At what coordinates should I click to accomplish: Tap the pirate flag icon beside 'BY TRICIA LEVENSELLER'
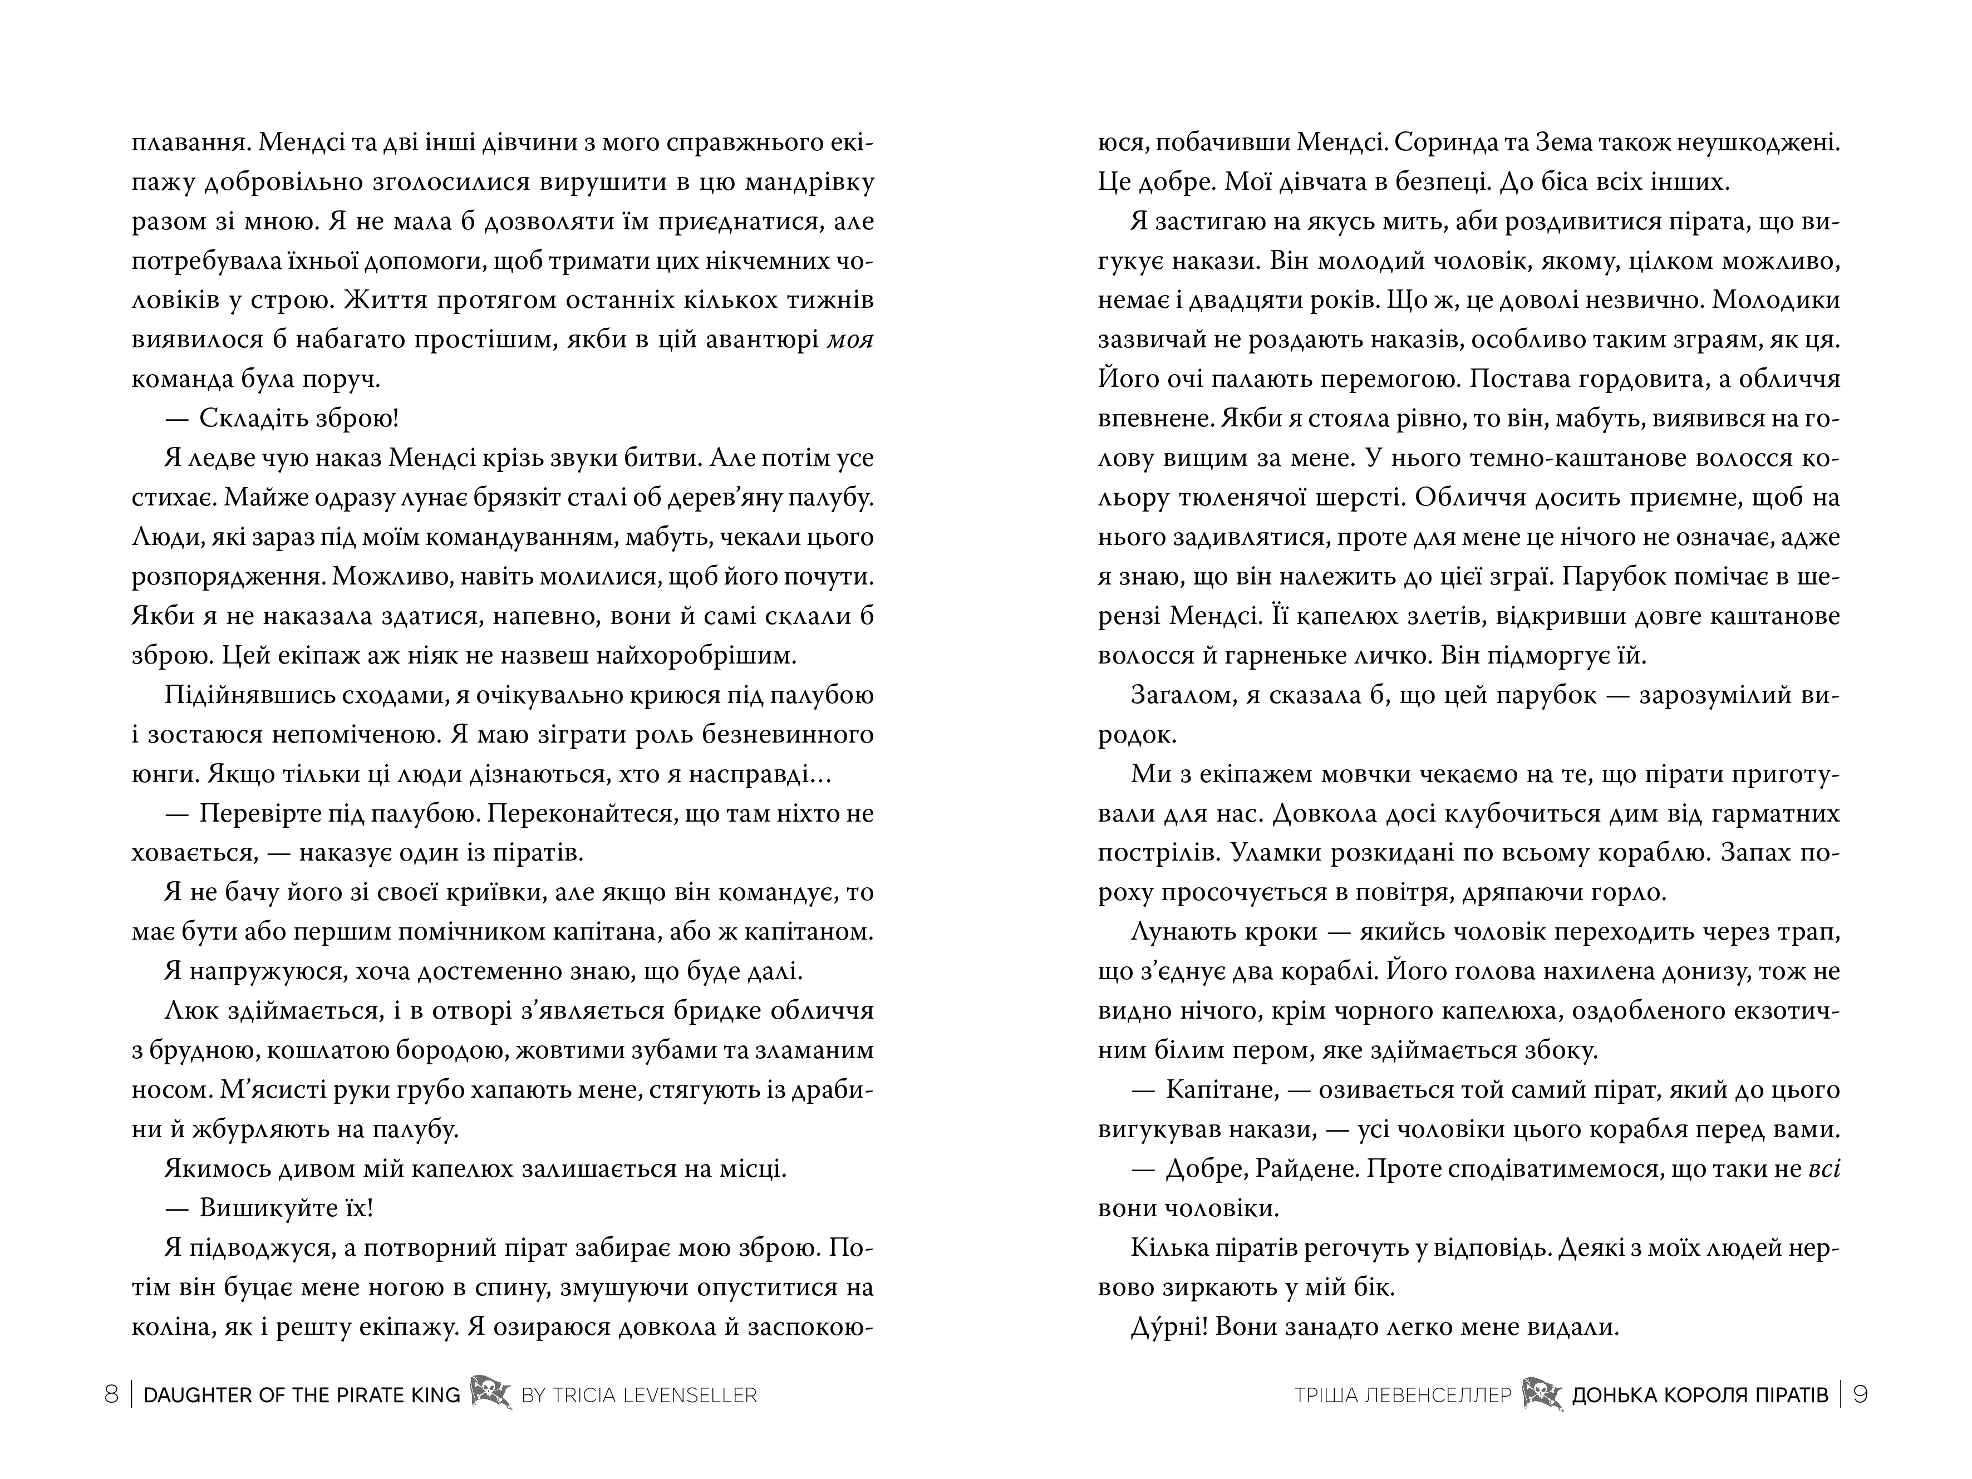point(490,1393)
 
